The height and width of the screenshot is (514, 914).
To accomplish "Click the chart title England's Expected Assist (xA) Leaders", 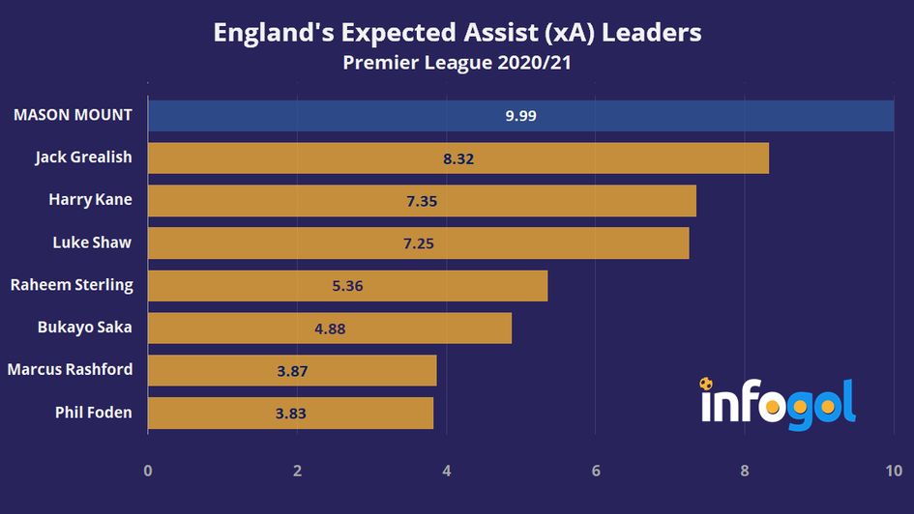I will coord(457,32).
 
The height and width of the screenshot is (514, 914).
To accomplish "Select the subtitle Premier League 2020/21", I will coord(457,64).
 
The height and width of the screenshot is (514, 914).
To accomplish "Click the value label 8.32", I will coord(458,158).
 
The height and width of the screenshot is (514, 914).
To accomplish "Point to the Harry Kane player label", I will coord(90,200).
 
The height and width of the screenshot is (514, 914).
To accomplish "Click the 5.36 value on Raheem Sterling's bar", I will coord(346,286).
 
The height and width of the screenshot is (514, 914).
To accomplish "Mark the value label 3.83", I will coord(290,413).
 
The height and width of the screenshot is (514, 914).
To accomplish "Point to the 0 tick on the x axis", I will coord(148,471).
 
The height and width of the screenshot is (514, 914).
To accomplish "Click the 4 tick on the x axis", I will coord(446,471).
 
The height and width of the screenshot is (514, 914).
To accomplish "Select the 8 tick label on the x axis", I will coord(744,471).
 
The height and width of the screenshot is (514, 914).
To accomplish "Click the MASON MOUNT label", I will coord(72,116).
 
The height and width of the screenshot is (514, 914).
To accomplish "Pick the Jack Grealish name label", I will coord(83,157).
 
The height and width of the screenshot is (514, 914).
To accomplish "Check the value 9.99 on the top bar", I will coord(520,116).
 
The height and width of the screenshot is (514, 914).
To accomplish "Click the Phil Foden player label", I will coord(93,413).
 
